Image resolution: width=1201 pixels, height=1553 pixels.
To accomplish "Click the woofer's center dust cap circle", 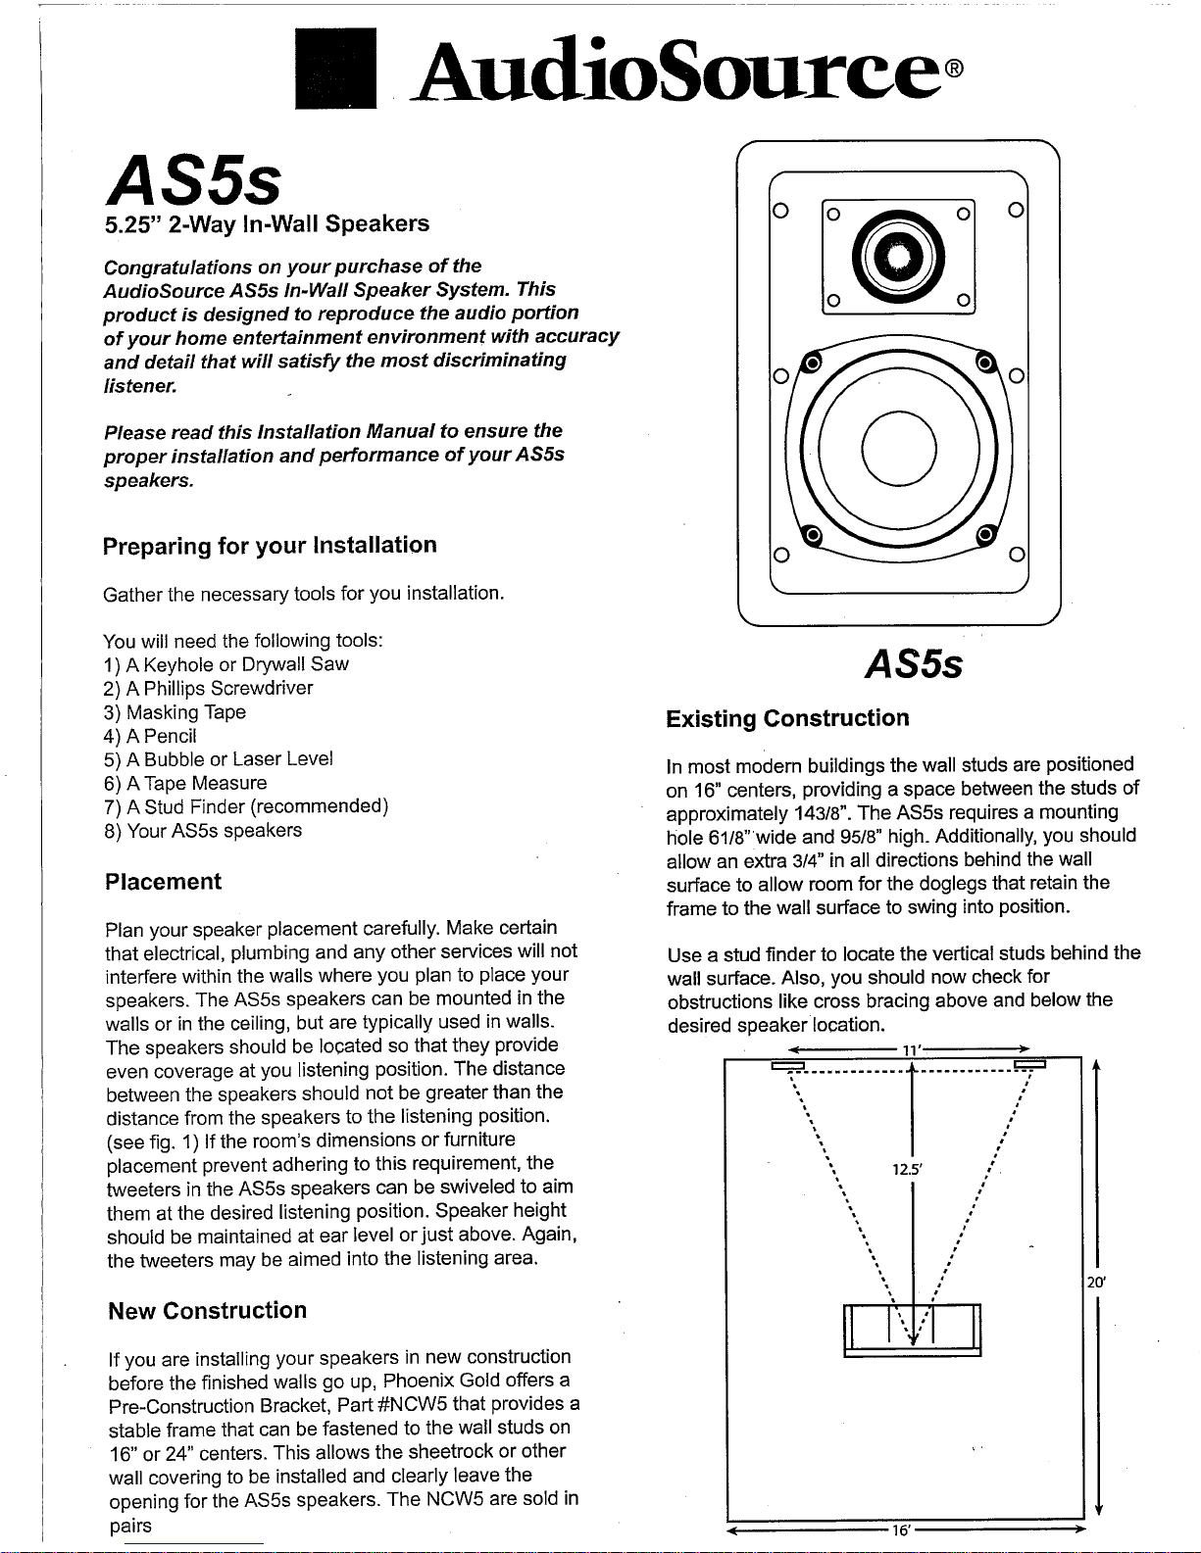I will (x=899, y=449).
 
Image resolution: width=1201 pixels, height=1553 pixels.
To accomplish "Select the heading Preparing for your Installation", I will (x=270, y=546).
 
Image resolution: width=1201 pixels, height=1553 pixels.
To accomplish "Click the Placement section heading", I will (x=163, y=882).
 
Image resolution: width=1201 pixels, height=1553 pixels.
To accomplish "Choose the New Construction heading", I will (x=207, y=1311).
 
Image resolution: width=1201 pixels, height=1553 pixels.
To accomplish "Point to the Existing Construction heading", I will (x=787, y=719).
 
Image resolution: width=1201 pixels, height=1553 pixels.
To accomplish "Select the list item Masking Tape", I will (x=174, y=712).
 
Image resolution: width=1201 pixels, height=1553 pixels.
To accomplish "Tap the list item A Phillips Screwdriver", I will (x=208, y=688).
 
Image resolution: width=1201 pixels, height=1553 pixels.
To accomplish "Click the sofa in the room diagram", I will (x=912, y=1330).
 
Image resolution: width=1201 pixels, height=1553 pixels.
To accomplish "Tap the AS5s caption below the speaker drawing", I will (x=914, y=665).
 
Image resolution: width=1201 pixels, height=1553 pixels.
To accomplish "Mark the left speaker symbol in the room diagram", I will (x=786, y=1065).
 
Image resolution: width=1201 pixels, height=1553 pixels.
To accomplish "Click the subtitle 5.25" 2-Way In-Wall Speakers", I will (x=267, y=223).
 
